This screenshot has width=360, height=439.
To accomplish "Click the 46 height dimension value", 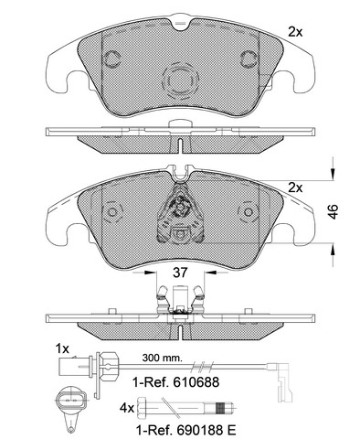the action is click(334, 211).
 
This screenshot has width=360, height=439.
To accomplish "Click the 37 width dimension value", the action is click(180, 273).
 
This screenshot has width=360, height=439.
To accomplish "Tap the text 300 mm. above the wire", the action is click(163, 358).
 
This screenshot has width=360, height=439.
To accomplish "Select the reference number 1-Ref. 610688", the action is click(175, 381).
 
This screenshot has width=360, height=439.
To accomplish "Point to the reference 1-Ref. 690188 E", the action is click(185, 431).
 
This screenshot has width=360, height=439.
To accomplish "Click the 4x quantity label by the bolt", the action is click(126, 408).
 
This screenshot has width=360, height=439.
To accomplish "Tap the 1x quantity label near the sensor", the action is click(62, 348).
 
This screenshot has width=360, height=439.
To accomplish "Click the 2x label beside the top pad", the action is click(295, 32).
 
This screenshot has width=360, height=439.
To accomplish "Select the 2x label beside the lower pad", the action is click(295, 188).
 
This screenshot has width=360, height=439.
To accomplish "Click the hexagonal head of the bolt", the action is click(143, 409).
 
